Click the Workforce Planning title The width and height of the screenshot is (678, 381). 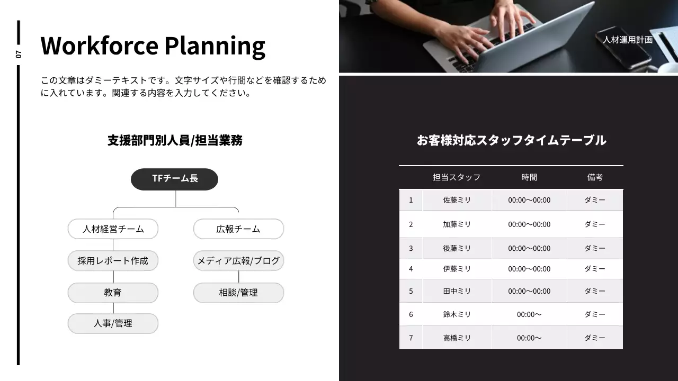point(153,46)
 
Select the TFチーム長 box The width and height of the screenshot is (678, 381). point(174,179)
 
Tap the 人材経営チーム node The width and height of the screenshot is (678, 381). point(113,229)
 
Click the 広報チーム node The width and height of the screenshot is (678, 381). point(238,229)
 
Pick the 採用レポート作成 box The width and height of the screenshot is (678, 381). point(113,261)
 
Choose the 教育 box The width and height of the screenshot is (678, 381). point(113,293)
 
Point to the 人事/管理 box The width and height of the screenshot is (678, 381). point(113,323)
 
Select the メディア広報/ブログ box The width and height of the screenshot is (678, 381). point(238,261)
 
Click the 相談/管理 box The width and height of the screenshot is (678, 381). point(238,293)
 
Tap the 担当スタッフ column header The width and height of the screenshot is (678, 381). point(457,177)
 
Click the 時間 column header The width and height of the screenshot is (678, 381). point(529,177)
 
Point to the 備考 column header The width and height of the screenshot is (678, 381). point(595,177)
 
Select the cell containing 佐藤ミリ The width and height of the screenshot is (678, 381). point(457,200)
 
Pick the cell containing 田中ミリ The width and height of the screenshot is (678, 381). point(457,291)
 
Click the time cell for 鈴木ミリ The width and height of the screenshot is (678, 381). point(529,314)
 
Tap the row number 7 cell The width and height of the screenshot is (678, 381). point(411,338)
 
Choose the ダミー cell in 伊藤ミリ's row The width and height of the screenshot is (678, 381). point(595,269)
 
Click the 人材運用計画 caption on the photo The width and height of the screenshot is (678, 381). point(627,40)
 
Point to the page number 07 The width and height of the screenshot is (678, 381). point(19,54)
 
